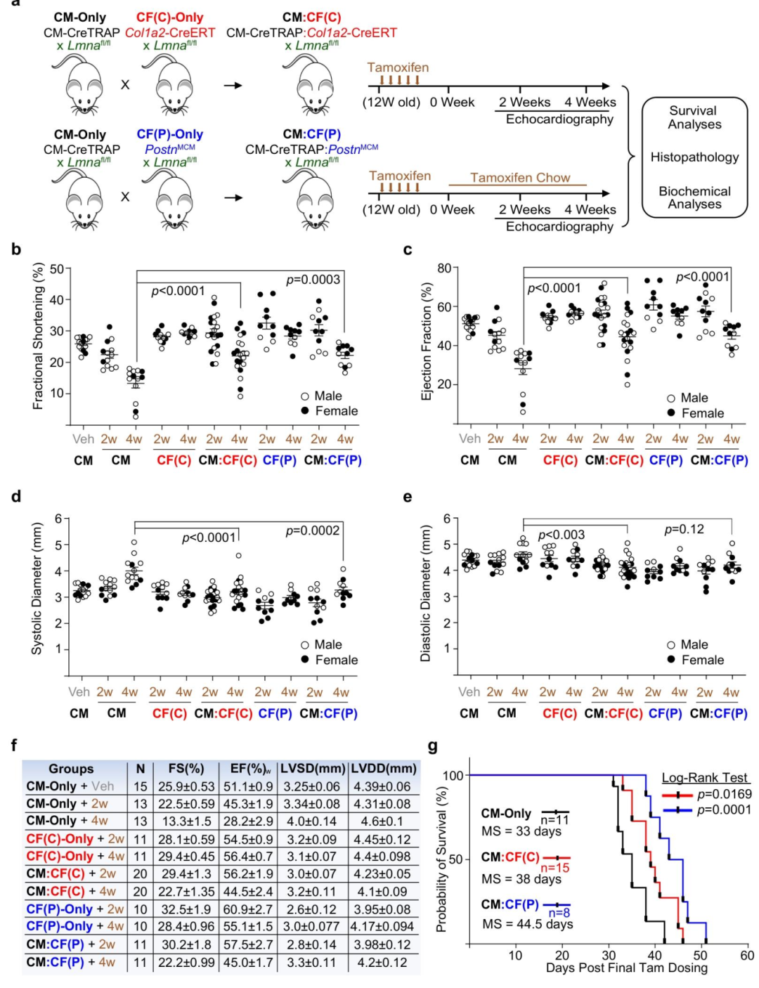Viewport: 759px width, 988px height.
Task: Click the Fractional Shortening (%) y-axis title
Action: [x=38, y=336]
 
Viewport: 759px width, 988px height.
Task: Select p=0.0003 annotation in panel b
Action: [x=313, y=280]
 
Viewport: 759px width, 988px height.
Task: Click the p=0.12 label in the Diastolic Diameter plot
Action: [x=684, y=529]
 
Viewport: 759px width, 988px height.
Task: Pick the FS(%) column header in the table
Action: [x=186, y=769]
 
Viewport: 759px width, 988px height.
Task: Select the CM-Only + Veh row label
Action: [x=70, y=786]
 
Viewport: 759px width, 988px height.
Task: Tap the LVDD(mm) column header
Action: [x=384, y=769]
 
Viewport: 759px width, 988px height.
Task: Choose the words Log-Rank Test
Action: [x=706, y=778]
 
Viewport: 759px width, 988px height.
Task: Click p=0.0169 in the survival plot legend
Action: [x=724, y=794]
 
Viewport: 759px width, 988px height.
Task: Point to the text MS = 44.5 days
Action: [x=527, y=923]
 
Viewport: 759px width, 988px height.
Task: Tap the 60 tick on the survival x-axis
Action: [x=746, y=955]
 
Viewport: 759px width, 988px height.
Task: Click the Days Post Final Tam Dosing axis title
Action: [x=626, y=968]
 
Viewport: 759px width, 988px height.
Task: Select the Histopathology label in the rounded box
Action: [x=694, y=157]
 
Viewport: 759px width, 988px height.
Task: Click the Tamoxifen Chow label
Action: [x=520, y=178]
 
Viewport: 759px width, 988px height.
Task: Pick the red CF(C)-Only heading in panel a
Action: [x=169, y=18]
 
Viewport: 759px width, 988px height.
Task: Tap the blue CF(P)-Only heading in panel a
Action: [x=169, y=134]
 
